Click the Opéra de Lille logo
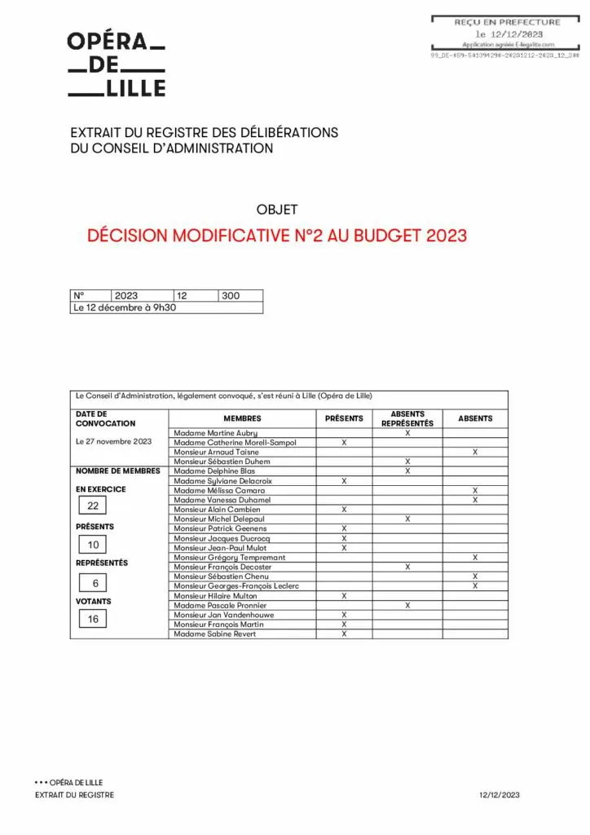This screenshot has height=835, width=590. click(116, 64)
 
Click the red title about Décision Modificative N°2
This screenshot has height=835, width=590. click(277, 236)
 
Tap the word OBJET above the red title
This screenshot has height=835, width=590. click(277, 210)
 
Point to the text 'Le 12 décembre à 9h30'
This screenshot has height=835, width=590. click(125, 307)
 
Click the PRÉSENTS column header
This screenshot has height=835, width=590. click(344, 418)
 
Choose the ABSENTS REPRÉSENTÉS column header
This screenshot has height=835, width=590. click(407, 419)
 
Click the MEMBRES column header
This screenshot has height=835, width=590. click(242, 418)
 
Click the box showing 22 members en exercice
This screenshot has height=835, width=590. click(93, 506)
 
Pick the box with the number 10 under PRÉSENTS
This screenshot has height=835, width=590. click(93, 545)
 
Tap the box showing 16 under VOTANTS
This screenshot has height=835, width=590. click(93, 620)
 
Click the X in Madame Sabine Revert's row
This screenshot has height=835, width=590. click(344, 634)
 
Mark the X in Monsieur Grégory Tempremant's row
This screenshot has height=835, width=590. click(475, 558)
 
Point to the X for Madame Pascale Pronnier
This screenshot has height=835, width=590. click(407, 605)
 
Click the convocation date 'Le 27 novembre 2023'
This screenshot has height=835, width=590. click(113, 442)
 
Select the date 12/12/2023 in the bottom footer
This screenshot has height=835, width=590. click(500, 795)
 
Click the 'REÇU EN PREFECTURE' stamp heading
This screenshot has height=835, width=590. click(507, 22)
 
